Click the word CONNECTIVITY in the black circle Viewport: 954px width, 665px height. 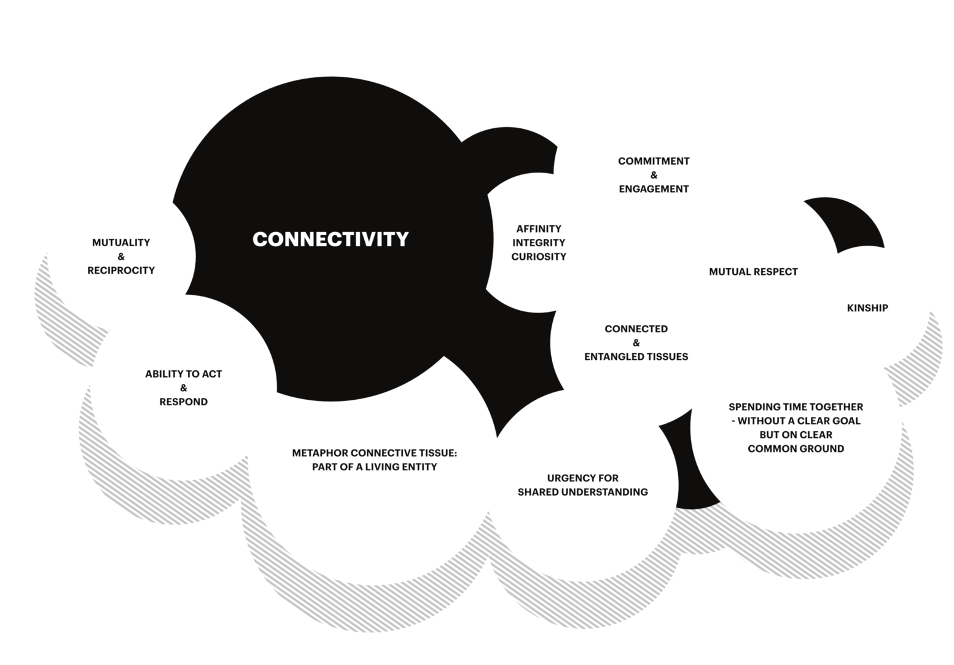coord(330,239)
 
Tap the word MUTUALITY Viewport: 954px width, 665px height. coord(121,243)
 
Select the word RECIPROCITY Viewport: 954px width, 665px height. coord(121,270)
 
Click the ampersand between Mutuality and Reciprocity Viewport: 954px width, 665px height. coord(121,257)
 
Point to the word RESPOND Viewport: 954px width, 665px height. coord(184,402)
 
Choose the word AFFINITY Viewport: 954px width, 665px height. coord(539,228)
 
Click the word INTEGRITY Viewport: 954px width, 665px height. coord(539,243)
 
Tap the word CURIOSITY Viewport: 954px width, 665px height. coord(539,257)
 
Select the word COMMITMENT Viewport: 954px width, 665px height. coord(654,161)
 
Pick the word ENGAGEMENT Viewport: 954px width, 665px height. coord(654,189)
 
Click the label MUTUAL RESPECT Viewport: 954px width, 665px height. coord(753,271)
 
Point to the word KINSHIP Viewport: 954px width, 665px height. coord(867,308)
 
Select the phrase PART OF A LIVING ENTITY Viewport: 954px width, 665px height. coord(375,467)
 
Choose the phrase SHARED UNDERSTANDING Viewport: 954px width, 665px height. coord(583,492)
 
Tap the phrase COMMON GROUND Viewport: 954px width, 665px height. coord(796,448)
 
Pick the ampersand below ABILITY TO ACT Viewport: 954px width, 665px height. coord(184,387)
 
